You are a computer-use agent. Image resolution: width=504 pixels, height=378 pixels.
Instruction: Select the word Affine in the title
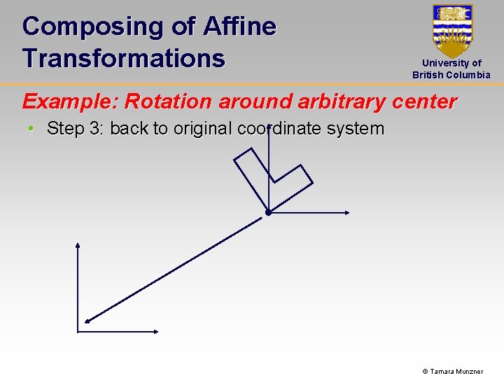pyautogui.click(x=239, y=27)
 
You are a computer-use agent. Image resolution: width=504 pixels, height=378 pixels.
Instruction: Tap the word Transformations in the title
pyautogui.click(x=123, y=57)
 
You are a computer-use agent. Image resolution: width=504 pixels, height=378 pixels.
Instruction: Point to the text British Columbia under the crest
pyautogui.click(x=451, y=75)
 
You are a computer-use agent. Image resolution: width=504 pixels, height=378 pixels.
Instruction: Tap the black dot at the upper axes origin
pyautogui.click(x=268, y=212)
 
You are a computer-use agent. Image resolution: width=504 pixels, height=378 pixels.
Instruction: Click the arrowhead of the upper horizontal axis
pyautogui.click(x=346, y=212)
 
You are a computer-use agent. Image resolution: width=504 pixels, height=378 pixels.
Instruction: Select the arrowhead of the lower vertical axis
pyautogui.click(x=78, y=246)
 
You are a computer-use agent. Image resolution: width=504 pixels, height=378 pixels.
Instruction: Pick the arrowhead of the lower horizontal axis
pyautogui.click(x=156, y=331)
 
